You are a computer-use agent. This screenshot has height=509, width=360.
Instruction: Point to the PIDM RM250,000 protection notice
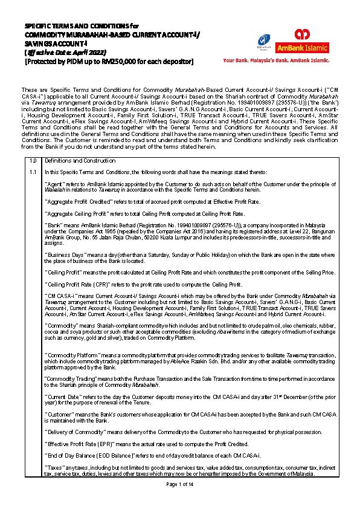(109, 61)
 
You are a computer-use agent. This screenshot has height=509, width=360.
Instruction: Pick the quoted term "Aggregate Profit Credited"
(77, 199)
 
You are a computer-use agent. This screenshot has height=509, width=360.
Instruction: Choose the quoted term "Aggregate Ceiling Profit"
(75, 213)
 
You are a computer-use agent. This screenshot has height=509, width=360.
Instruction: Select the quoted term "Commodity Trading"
(68, 378)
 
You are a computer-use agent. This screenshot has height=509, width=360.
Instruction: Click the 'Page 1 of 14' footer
(179, 485)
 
